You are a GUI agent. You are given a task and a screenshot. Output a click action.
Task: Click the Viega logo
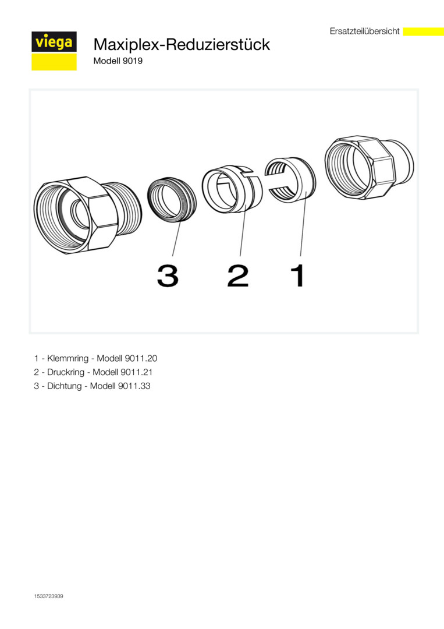54,51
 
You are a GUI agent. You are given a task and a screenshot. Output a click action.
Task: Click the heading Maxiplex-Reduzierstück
182,44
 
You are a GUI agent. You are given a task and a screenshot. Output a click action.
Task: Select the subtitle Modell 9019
118,61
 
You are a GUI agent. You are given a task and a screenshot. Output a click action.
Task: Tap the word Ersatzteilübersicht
364,31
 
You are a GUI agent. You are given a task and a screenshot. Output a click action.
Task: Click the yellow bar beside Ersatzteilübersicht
423,31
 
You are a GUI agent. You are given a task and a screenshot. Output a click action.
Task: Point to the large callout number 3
168,275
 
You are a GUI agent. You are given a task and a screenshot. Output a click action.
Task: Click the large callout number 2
237,275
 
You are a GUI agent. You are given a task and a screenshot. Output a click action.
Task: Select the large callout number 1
298,275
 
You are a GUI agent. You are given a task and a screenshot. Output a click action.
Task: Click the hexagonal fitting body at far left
88,214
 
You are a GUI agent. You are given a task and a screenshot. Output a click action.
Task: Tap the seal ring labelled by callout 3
172,199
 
